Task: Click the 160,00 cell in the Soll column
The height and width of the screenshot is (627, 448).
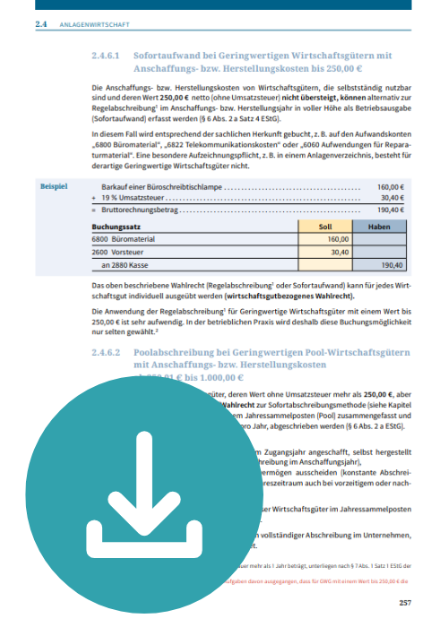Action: (338, 240)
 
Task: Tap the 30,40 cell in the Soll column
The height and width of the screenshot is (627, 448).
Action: (340, 253)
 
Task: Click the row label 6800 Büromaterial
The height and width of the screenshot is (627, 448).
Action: (123, 240)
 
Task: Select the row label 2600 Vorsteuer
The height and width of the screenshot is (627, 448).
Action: (118, 253)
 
